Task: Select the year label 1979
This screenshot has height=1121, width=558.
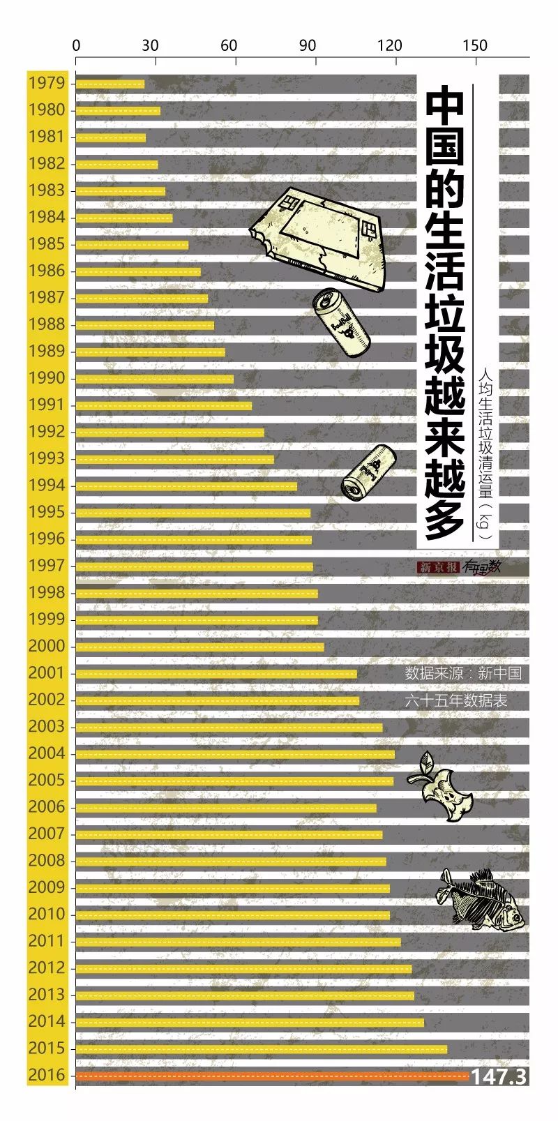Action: (47, 83)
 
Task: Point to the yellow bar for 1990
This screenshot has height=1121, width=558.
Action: (154, 379)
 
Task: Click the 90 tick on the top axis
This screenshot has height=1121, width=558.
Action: (308, 45)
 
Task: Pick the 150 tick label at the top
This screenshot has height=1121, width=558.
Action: (475, 45)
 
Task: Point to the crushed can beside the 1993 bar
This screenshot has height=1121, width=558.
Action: (368, 471)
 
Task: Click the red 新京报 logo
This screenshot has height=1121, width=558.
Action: (437, 568)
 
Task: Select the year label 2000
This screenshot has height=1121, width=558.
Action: (47, 646)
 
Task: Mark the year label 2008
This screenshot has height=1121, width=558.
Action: (47, 860)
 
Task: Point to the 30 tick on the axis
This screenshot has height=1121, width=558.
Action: (150, 45)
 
